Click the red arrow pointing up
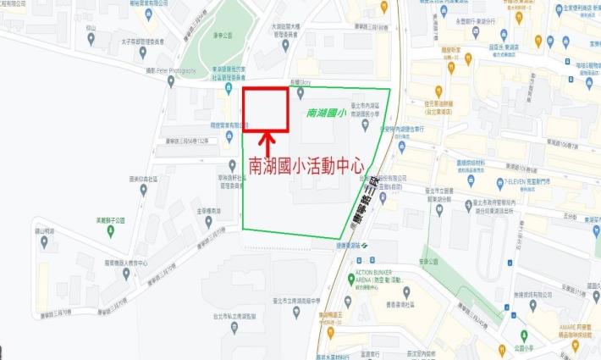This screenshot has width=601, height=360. (x=266, y=141)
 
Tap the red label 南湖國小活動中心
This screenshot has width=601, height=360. (x=306, y=163)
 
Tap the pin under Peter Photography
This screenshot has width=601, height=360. (x=171, y=82)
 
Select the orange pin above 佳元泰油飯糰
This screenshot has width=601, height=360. (x=438, y=91)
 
